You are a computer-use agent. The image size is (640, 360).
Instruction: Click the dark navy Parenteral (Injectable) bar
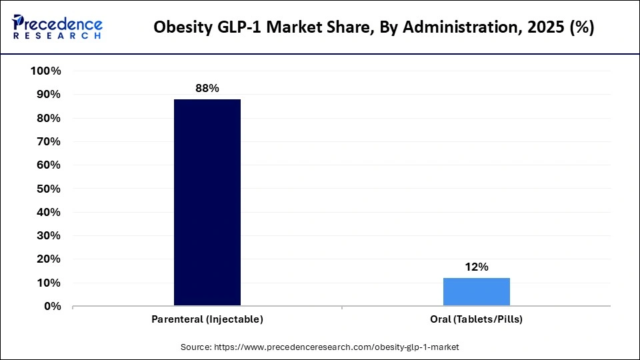[x=207, y=203]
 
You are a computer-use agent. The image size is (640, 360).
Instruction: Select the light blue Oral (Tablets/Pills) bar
[x=477, y=292]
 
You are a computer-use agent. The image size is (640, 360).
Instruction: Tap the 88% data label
[x=207, y=88]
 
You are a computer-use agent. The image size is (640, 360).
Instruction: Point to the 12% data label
[x=477, y=267]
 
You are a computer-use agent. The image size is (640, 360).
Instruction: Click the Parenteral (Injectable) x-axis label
[x=207, y=319]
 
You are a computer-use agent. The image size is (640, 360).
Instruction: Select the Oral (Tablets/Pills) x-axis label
[x=477, y=319]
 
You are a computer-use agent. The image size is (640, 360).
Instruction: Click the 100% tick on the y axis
[x=46, y=71]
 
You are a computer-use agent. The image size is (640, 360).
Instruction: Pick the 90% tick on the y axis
[x=49, y=95]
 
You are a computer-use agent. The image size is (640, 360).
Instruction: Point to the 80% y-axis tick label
[x=49, y=118]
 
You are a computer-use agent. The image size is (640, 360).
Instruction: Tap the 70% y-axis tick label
[x=49, y=142]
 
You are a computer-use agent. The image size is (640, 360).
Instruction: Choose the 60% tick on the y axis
[x=49, y=165]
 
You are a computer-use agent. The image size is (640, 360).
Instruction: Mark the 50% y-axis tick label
[x=49, y=189]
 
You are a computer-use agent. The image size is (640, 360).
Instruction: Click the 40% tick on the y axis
[x=49, y=212]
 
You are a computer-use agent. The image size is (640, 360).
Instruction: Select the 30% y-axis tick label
[x=49, y=236]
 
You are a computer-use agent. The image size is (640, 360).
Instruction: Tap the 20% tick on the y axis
[x=49, y=259]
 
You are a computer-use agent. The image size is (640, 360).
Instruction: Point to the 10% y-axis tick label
[x=49, y=283]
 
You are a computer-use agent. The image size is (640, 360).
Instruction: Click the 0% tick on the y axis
[x=52, y=307]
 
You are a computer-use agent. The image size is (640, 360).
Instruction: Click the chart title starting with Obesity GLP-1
[x=374, y=28]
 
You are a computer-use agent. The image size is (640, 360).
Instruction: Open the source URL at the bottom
[x=320, y=347]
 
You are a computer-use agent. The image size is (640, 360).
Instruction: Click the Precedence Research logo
[x=57, y=27]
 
